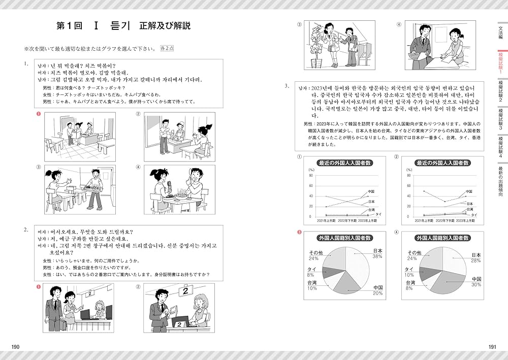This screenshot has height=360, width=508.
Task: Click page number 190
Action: (x=15, y=346)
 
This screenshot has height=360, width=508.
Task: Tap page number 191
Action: (x=492, y=346)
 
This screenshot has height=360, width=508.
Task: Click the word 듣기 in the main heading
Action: (x=120, y=26)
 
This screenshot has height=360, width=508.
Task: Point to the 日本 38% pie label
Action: (x=376, y=254)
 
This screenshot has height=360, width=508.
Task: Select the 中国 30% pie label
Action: (x=476, y=282)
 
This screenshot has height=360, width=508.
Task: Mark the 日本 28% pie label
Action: (x=476, y=257)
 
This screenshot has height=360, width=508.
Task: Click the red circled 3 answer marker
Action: (x=299, y=233)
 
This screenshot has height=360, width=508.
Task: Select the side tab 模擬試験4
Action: (x=501, y=147)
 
